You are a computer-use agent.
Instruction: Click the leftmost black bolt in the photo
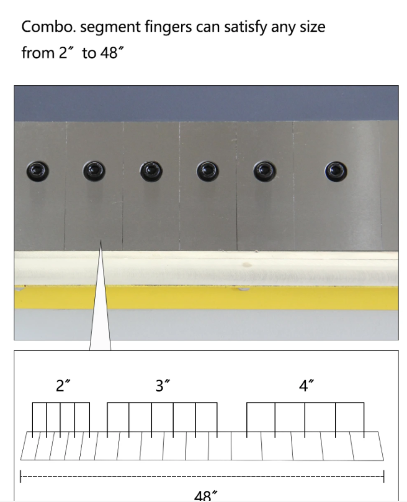38,171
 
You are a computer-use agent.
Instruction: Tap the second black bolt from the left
94,171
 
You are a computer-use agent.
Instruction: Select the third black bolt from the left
151,171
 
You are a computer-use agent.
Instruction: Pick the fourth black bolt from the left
207,171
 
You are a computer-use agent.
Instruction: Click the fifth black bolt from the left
265,171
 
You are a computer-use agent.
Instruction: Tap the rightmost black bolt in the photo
336,171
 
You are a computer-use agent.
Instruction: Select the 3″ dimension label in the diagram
163,385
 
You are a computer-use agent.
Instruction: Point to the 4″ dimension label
306,385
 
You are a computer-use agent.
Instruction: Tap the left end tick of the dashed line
20,477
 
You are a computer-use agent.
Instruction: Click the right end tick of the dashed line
383,477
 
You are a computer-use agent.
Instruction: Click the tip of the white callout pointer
101,240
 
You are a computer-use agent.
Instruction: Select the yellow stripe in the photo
206,298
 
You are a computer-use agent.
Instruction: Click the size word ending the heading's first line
312,27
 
